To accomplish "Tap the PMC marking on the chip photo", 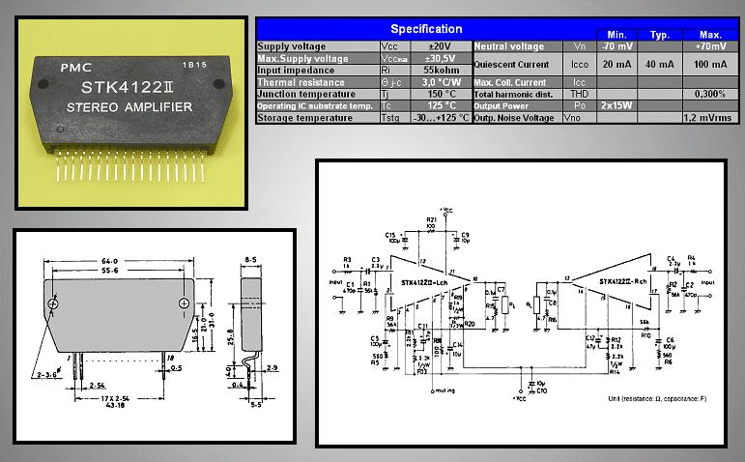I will pyautogui.click(x=75, y=69).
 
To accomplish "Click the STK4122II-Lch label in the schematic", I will pyautogui.click(x=422, y=282).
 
